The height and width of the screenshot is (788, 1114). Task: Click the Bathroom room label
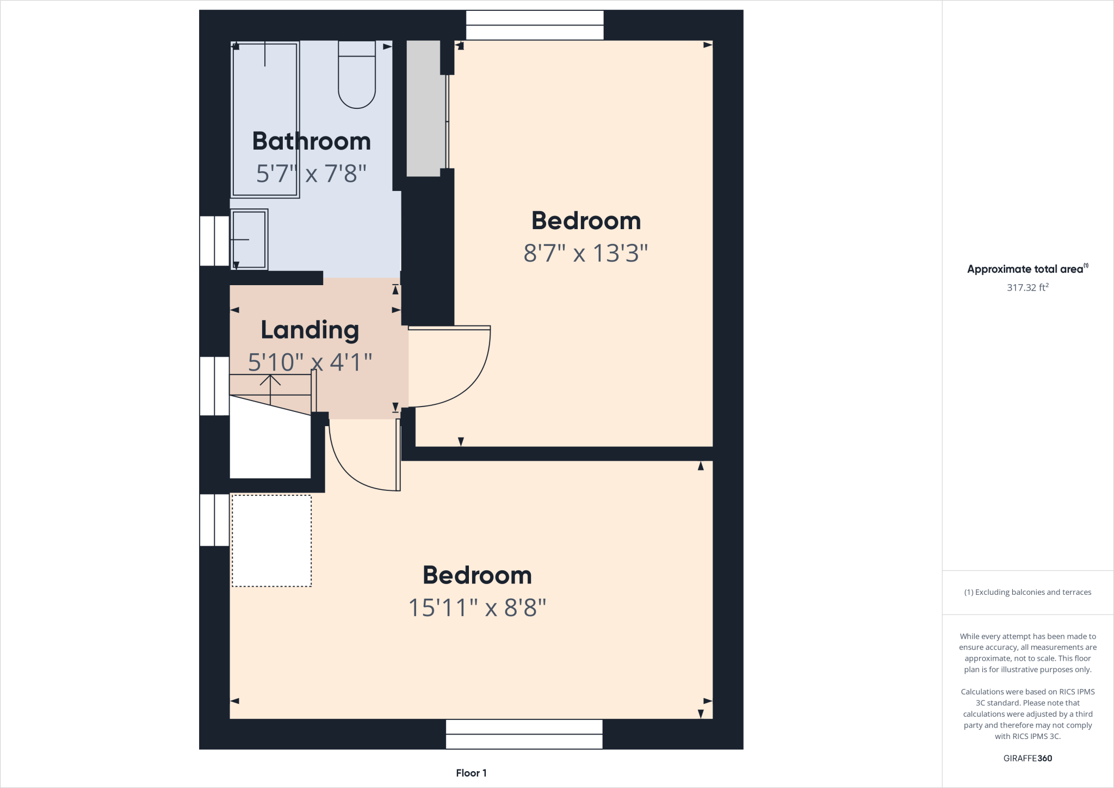pyautogui.click(x=311, y=141)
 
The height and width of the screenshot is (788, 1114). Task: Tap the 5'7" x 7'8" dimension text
pyautogui.click(x=311, y=174)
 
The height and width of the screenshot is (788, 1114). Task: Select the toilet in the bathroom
pyautogui.click(x=357, y=76)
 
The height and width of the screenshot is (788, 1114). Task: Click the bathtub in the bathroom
pyautogui.click(x=265, y=120)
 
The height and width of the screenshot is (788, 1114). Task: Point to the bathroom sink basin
pyautogui.click(x=249, y=239)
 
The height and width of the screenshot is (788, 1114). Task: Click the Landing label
pyautogui.click(x=310, y=330)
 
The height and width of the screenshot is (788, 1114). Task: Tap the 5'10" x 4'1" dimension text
pyautogui.click(x=310, y=362)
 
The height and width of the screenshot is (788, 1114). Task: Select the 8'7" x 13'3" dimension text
pyautogui.click(x=585, y=253)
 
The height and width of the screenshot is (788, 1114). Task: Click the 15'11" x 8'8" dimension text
pyautogui.click(x=477, y=607)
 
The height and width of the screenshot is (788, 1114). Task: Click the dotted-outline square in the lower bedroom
pyautogui.click(x=271, y=540)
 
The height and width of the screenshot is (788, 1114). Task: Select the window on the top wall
pyautogui.click(x=535, y=25)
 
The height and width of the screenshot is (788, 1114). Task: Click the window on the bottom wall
pyautogui.click(x=524, y=734)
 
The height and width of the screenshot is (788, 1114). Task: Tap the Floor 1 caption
pyautogui.click(x=471, y=773)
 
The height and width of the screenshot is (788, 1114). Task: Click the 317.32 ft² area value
pyautogui.click(x=1027, y=287)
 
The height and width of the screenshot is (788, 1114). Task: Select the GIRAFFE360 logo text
pyautogui.click(x=1027, y=758)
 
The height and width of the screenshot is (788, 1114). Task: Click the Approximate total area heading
pyautogui.click(x=1025, y=269)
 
